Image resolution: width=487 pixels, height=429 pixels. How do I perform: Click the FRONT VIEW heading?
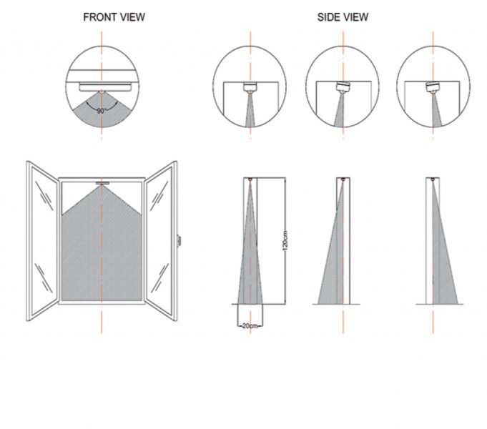pos(114,16)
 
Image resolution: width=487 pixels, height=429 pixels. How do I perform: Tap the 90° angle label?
pos(102,111)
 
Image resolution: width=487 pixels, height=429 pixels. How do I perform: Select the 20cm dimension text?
pos(250,325)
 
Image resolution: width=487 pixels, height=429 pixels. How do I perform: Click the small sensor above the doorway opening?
pos(102,183)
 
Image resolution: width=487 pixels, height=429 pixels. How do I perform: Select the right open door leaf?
pos(161,240)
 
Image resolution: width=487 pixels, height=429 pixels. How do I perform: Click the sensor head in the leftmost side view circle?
pos(250,89)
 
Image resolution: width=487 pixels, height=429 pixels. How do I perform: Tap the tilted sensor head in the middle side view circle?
pos(342,89)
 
